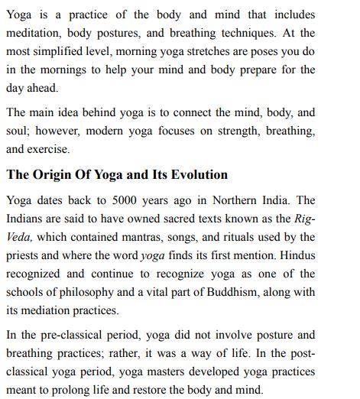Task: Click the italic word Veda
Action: click(19, 238)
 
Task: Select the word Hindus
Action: click(296, 256)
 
